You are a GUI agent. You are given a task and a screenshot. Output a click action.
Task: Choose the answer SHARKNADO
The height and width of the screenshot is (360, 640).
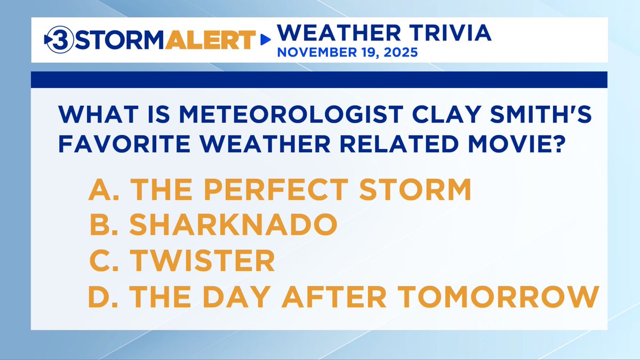(x=233, y=226)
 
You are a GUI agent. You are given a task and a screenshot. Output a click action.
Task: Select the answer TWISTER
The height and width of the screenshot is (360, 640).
(x=203, y=261)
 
